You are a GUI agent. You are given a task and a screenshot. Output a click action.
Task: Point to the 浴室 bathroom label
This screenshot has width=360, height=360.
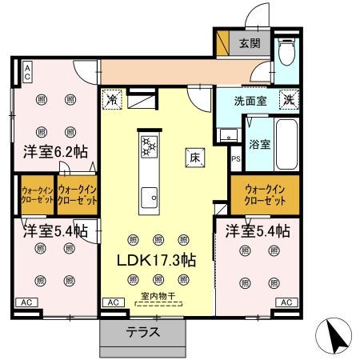[258, 146]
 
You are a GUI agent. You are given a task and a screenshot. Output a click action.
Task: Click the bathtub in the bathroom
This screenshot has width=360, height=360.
[286, 143]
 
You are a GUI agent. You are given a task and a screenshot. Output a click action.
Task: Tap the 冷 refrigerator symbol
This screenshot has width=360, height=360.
[112, 101]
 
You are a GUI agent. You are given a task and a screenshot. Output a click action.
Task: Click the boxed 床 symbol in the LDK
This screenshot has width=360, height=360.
[194, 158]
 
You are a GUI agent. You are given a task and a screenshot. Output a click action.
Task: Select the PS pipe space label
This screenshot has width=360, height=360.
[235, 159]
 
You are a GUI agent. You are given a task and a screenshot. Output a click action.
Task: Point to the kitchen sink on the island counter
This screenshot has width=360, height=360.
[149, 196]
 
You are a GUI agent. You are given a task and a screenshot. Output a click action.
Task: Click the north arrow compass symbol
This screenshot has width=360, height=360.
[338, 334]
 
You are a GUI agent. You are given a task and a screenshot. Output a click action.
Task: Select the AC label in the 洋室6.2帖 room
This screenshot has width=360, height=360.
[26, 72]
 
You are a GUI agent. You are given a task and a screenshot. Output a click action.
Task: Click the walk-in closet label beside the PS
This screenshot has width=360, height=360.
[264, 193]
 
